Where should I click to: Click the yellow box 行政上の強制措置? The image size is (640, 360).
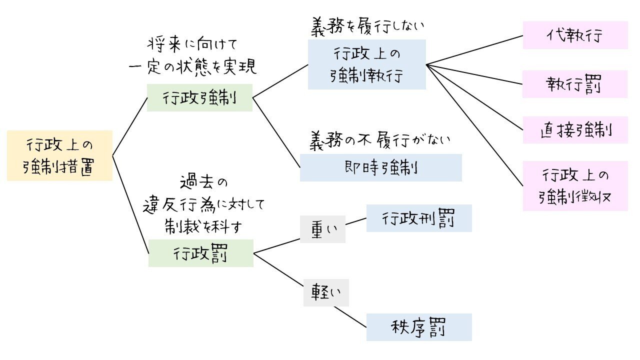[x=59, y=155]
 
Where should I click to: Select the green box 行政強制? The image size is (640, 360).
[x=199, y=97]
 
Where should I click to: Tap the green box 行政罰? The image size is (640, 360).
[x=201, y=253]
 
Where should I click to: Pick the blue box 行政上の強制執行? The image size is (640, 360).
[x=366, y=64]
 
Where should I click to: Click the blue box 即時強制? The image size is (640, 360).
[x=380, y=167]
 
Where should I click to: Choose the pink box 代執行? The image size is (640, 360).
[x=575, y=35]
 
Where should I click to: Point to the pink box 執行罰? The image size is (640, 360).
[x=575, y=84]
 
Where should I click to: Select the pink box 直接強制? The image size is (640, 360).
[x=575, y=130]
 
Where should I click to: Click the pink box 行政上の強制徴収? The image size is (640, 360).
[x=575, y=186]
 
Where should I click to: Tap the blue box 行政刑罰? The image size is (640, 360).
[x=419, y=218]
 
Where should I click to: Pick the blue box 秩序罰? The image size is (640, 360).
[x=419, y=327]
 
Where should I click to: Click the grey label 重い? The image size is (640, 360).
[x=323, y=229]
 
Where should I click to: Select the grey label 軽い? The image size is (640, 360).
[x=326, y=292]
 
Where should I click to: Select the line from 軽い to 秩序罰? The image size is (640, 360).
[x=350, y=317]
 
